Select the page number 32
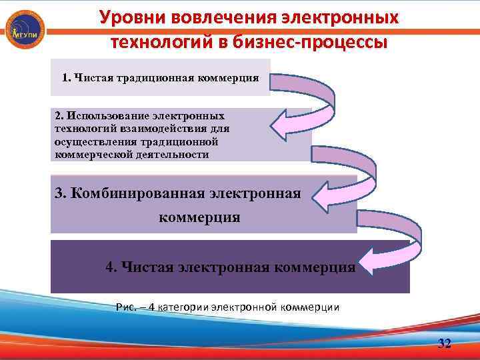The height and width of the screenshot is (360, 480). pos(443,343)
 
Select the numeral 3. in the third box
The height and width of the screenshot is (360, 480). pos(61,193)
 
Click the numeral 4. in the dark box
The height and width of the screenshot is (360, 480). pos(111,267)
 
